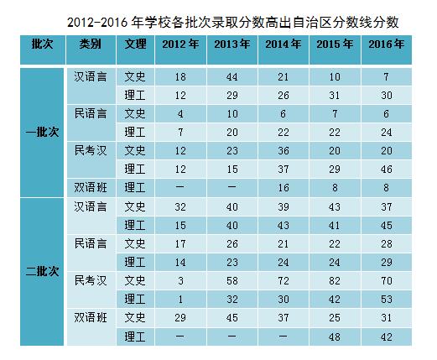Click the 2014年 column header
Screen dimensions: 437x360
[283, 44]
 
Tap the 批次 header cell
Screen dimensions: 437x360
[42, 44]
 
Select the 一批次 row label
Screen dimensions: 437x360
[42, 132]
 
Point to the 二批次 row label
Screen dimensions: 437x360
[42, 271]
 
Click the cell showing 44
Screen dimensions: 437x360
[232, 77]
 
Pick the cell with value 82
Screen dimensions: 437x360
[335, 280]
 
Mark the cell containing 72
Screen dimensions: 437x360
[283, 280]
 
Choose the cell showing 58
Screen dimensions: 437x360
[232, 280]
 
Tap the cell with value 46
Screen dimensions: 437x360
[386, 170]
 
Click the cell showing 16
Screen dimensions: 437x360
[283, 188]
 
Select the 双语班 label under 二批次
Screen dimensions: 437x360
[91, 317]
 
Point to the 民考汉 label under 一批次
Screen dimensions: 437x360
[91, 150]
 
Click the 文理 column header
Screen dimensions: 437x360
[135, 44]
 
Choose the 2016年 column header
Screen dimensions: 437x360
[386, 44]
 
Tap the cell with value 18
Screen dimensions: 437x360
[180, 77]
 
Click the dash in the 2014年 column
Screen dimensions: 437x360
[283, 337]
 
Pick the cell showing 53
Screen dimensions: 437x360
[386, 300]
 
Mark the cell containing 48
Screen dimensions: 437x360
[335, 337]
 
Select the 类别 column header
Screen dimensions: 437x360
[91, 44]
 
